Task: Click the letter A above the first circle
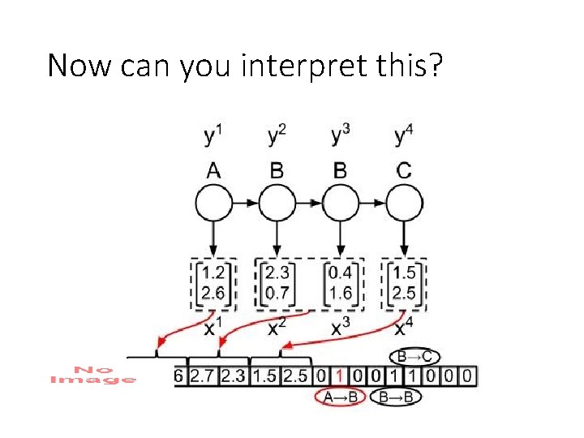(213, 170)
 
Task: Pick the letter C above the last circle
(404, 170)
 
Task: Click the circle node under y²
(277, 202)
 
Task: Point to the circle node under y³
(341, 202)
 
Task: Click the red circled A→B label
(339, 397)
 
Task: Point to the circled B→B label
(397, 397)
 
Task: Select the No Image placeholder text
(93, 375)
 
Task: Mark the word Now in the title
(81, 65)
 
